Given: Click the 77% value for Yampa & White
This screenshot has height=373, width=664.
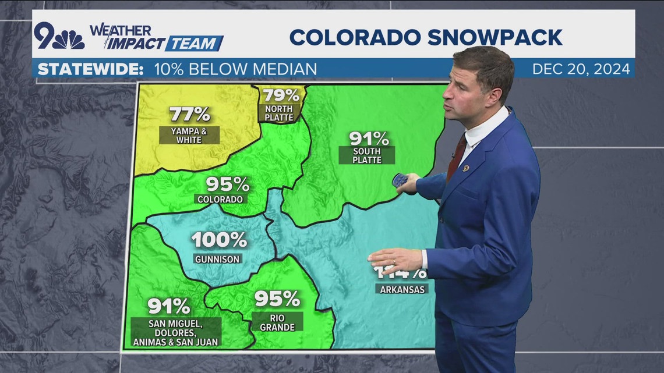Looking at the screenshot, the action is tap(190, 113).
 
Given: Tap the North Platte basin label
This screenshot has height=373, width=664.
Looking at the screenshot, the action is tap(278, 112).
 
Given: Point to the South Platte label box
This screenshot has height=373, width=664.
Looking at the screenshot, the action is tap(367, 155).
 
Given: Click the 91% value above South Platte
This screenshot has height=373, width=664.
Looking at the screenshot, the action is tap(369, 138).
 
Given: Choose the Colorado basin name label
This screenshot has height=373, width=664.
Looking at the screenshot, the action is tap(220, 199).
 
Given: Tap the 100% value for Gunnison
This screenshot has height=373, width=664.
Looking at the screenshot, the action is tap(219, 240).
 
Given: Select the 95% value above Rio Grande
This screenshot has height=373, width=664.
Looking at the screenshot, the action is tap(277, 299).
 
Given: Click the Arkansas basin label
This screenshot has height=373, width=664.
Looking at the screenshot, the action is tap(402, 289).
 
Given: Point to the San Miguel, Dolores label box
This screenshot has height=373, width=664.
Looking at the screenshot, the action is tap(176, 332).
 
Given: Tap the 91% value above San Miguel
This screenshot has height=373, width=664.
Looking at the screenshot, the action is tap(169, 306).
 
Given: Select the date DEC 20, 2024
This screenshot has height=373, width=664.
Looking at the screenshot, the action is tap(581, 69).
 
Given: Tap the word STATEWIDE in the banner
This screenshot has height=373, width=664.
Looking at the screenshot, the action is tap(90, 69).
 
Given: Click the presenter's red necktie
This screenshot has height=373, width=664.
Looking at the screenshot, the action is tap(455, 157).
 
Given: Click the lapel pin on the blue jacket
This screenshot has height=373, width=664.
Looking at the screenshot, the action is tap(465, 168).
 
